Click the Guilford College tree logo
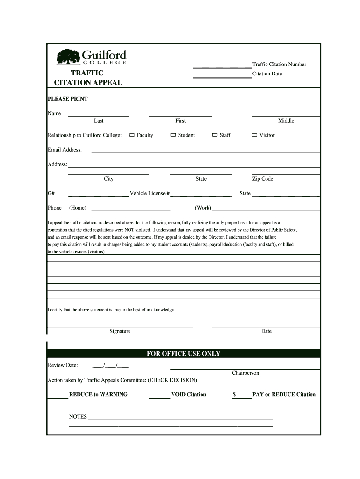(68, 58)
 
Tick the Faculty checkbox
(132, 135)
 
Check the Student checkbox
(173, 135)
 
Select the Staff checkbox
(215, 135)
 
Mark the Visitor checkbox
(254, 135)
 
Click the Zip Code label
(262, 179)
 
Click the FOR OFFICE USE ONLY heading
(183, 354)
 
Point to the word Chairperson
(245, 373)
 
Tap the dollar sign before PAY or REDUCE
(234, 394)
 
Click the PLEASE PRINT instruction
(68, 99)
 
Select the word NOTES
(78, 417)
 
